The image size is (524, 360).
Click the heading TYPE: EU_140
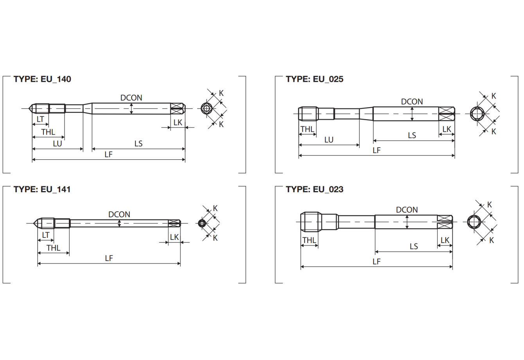coord(42,79)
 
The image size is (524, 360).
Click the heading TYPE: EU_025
coord(314,79)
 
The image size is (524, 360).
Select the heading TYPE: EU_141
coord(42,189)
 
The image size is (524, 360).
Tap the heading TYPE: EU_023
coord(314,189)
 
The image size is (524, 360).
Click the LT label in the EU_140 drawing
coord(40,119)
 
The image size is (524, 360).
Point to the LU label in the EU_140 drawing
coord(57,144)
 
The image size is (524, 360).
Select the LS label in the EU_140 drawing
coord(138,144)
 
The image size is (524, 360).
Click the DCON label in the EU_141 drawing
coord(119,214)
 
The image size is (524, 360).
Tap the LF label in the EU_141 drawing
coord(109,258)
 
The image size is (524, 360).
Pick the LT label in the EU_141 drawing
coord(46,235)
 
